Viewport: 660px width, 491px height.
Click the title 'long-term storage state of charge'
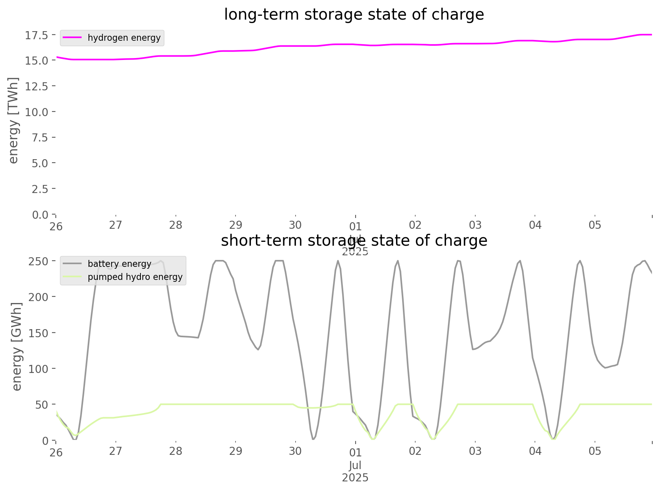(354, 15)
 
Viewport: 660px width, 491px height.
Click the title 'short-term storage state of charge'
(354, 241)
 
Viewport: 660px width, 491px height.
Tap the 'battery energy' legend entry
(119, 264)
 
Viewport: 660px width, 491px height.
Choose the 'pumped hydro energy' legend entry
(135, 277)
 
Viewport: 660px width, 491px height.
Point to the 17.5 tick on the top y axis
(37, 35)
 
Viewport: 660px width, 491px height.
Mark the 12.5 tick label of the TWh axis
(37, 86)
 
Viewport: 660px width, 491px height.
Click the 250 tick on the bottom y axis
(38, 261)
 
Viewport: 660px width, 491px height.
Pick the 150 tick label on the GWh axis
(38, 333)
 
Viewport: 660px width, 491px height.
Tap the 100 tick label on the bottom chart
(38, 369)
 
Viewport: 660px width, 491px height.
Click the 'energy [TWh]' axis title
(13, 120)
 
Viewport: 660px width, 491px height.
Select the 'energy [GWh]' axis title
(17, 346)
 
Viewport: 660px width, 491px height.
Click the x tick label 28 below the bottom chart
(176, 451)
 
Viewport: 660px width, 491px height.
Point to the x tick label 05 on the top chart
(595, 225)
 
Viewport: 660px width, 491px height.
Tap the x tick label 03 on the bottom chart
(475, 451)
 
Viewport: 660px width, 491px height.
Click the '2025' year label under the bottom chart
(355, 478)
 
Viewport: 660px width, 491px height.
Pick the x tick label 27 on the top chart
(116, 225)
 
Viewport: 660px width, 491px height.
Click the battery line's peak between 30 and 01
(338, 261)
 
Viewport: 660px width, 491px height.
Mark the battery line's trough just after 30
(313, 439)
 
